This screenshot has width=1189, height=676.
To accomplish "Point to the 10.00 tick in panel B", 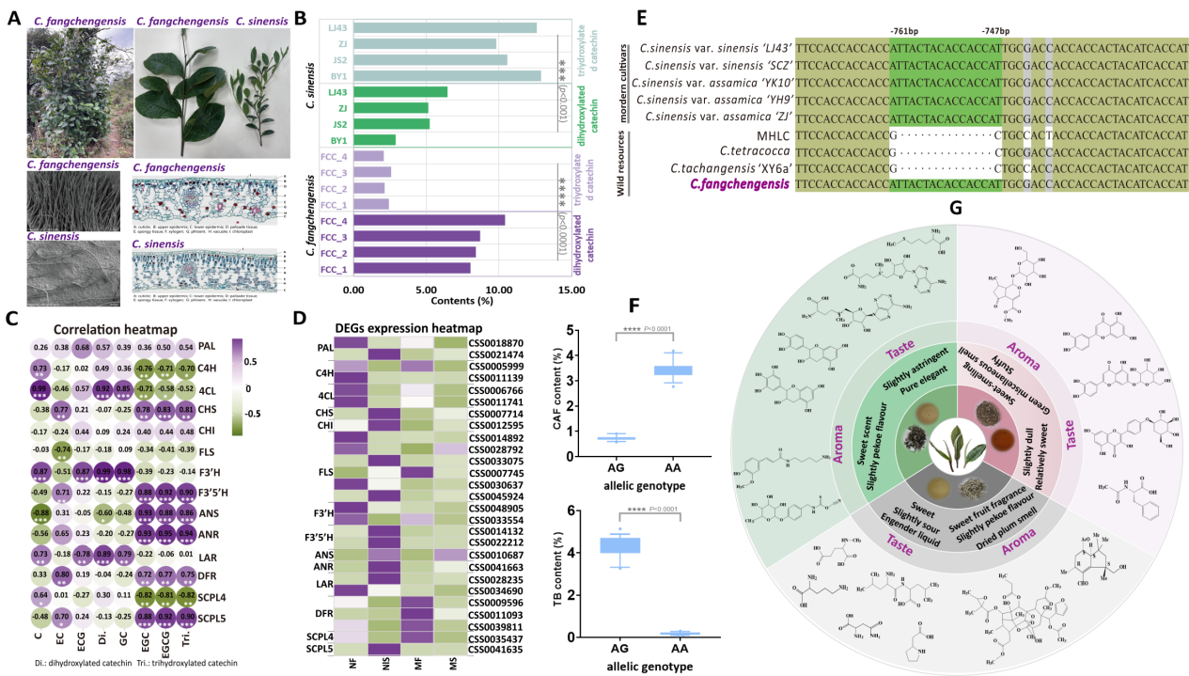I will point(498,291).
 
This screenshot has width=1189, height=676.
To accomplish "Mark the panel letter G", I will point(955,231).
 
